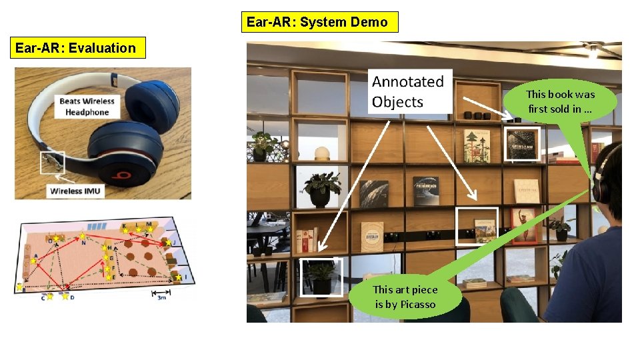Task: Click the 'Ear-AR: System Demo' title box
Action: tap(319, 22)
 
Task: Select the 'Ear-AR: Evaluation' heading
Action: tap(77, 48)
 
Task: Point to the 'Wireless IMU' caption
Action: tap(76, 191)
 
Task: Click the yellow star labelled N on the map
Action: tap(83, 236)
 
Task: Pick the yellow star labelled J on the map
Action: tap(168, 243)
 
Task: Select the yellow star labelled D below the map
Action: tap(65, 296)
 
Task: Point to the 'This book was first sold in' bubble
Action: tap(560, 101)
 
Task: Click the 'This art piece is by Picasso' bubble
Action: tap(405, 297)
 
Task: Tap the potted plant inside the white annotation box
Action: tap(321, 276)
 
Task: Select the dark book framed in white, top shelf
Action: tap(522, 143)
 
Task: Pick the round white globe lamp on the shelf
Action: tap(323, 153)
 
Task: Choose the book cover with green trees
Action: tap(477, 146)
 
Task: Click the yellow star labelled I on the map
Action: tap(179, 277)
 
